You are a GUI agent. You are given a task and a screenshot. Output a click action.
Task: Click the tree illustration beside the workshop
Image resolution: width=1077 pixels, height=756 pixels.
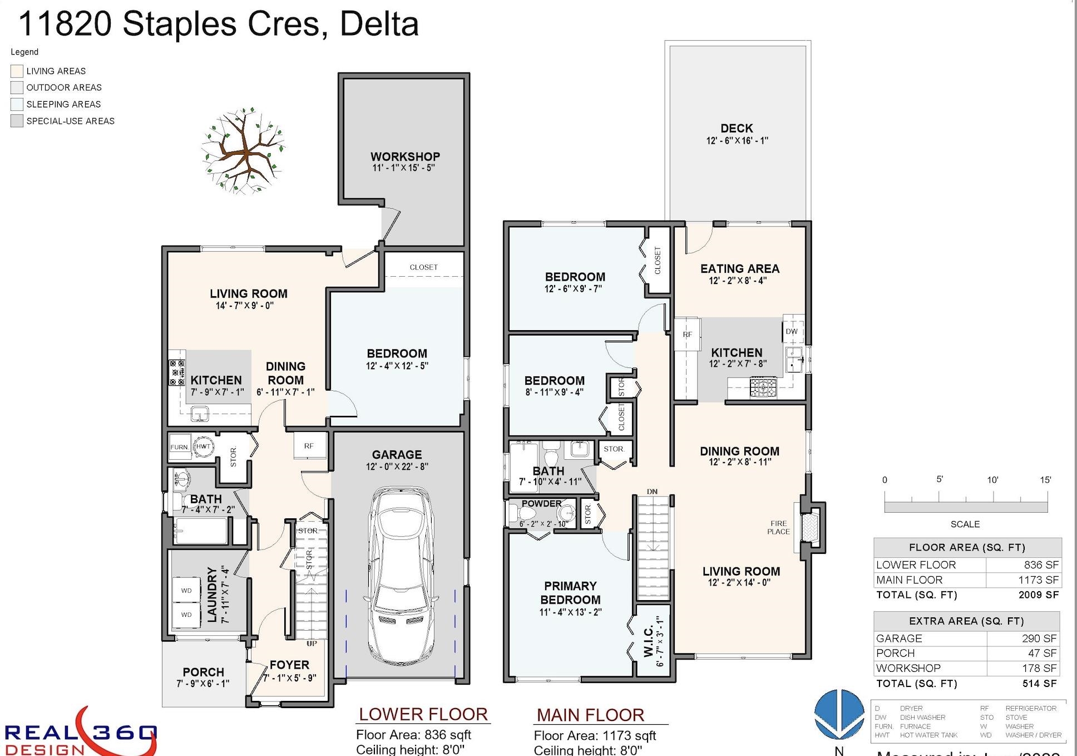(243, 151)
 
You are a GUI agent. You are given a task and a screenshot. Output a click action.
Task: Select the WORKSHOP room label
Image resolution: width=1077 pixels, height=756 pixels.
(405, 157)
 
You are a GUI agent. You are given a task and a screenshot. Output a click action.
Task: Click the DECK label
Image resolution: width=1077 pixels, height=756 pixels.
(737, 129)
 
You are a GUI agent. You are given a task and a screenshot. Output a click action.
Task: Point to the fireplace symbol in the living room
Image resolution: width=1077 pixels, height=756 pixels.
(810, 527)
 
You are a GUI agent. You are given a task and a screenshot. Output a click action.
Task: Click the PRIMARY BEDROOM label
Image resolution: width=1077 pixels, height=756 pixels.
(570, 593)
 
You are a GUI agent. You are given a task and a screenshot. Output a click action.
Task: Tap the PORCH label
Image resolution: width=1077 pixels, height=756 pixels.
(203, 672)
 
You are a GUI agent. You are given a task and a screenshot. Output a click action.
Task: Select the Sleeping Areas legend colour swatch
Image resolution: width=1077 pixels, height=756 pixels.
(17, 104)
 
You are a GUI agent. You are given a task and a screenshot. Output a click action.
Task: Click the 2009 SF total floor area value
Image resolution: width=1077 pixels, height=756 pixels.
(1038, 595)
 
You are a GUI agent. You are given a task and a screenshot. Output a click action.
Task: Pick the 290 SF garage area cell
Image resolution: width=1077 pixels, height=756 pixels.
(1039, 639)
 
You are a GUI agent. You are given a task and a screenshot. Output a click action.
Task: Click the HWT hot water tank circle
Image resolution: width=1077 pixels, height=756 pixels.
(203, 446)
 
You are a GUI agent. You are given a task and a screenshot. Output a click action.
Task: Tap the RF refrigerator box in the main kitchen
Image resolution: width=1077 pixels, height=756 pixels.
(687, 335)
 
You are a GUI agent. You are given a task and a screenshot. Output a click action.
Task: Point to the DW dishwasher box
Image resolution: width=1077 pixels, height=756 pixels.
(792, 331)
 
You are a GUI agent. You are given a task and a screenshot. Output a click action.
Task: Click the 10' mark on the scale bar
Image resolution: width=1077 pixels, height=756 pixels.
(993, 480)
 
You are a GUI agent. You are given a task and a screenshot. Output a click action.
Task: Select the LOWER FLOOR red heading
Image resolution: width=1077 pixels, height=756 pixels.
(423, 714)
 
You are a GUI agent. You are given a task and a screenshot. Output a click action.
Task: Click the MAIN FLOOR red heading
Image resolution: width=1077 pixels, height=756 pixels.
(590, 715)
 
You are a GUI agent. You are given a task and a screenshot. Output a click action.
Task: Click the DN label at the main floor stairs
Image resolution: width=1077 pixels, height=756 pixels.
(652, 492)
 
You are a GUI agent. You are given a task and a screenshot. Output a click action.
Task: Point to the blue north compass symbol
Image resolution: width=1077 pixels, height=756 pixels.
(839, 715)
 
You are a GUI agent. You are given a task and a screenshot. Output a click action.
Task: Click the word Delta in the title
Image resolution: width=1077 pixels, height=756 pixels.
(379, 24)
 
